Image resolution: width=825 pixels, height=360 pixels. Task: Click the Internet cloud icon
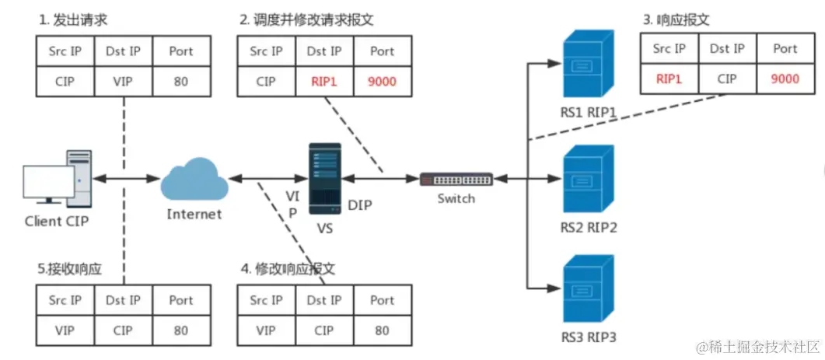194,180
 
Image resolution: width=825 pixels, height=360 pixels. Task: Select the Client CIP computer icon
58,180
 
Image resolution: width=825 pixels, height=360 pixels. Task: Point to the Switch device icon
456,179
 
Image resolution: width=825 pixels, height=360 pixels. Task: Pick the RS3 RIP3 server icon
589,292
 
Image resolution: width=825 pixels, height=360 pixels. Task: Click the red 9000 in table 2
382,81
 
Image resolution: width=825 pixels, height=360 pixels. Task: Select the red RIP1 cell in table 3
669,78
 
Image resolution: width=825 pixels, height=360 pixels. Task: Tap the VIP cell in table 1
122,81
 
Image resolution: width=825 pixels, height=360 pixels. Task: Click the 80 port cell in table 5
180,330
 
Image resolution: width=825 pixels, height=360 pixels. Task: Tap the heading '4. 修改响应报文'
288,269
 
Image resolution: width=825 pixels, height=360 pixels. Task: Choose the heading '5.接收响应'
70,269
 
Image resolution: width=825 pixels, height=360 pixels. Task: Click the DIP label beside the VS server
360,205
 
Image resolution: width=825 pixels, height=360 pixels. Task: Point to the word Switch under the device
456,198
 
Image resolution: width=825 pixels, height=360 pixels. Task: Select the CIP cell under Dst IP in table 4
324,330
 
